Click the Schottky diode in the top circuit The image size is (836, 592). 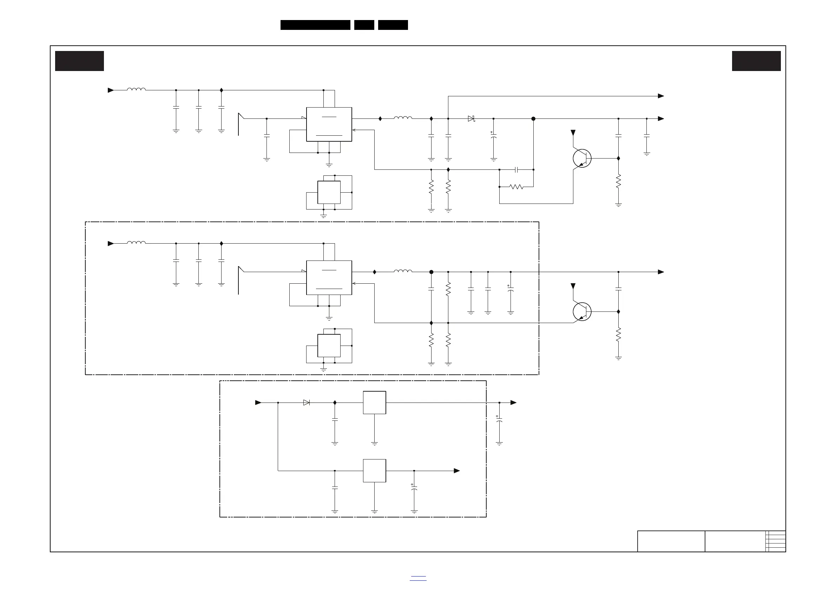tap(471, 118)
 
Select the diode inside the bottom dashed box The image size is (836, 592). tap(307, 403)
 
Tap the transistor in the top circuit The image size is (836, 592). tap(581, 158)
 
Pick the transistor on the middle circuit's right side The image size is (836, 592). tap(581, 312)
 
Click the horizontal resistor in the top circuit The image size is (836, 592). tap(516, 187)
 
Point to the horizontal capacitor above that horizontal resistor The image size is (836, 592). tap(516, 169)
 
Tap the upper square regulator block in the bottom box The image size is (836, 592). tap(374, 403)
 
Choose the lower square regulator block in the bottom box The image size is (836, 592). tap(374, 471)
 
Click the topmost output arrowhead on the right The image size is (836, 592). tap(661, 96)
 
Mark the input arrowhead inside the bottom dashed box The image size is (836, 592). tap(258, 403)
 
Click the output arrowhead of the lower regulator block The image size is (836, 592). tap(456, 471)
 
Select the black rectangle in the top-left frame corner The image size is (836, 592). tap(79, 61)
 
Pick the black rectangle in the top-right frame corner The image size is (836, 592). tap(756, 61)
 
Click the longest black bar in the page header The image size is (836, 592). tap(315, 25)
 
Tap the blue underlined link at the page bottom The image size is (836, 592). tap(418, 578)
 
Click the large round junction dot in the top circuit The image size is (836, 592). tap(533, 118)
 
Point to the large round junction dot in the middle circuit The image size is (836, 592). tap(432, 272)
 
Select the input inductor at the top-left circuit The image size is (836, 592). tap(136, 89)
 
